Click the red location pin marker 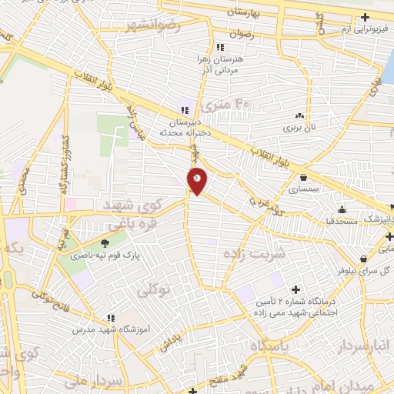(x=198, y=181)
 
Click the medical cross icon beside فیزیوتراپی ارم (x=365, y=17)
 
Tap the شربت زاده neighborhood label (x=255, y=252)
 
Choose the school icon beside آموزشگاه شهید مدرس (x=111, y=317)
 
